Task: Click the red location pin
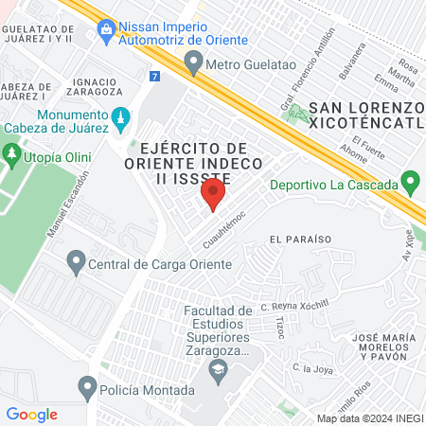tap(213, 195)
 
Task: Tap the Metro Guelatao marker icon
tap(194, 63)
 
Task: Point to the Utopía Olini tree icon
tap(11, 151)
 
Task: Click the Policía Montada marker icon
tap(88, 386)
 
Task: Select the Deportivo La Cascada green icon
tap(410, 180)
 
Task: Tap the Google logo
tap(32, 414)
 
